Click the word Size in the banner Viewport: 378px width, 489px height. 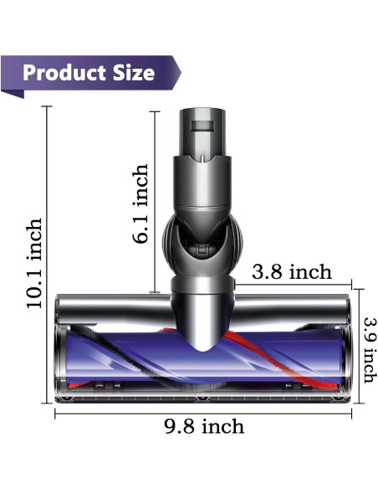[x=130, y=73]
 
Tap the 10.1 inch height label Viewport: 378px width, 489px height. [x=34, y=263]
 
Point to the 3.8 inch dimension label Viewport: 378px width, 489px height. [x=292, y=272]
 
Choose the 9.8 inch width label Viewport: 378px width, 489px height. [x=204, y=426]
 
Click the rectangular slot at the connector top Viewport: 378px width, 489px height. [x=205, y=126]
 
